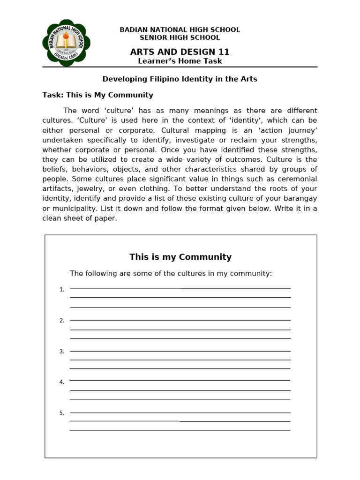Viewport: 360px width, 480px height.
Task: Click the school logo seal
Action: (66, 44)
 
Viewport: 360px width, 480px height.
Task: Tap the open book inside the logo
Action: (66, 44)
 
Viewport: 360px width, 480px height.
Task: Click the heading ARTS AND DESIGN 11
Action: (180, 52)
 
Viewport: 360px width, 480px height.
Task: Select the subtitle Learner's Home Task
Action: (180, 61)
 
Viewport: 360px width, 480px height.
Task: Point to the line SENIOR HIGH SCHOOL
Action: (180, 37)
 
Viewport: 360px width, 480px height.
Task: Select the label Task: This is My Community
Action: (97, 95)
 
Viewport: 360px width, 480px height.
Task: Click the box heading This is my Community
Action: (180, 257)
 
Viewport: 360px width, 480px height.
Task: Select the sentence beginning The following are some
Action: (171, 273)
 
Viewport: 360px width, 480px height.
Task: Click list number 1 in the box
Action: (61, 290)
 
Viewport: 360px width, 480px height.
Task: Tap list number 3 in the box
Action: (61, 352)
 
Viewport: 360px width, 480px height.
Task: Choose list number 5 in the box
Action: (61, 413)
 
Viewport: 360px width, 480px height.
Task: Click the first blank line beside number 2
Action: (180, 320)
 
